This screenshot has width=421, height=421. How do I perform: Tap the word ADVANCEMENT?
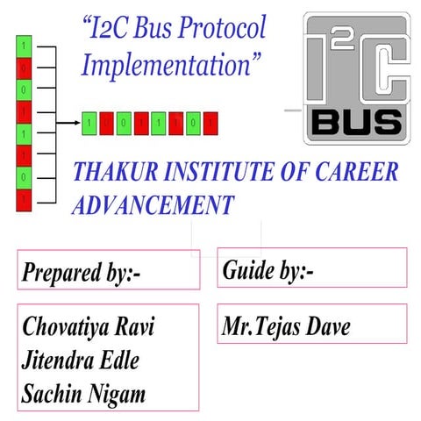point(153,205)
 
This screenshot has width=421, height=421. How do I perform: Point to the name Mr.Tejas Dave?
point(286,328)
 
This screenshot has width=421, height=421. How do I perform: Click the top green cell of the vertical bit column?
point(24,43)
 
